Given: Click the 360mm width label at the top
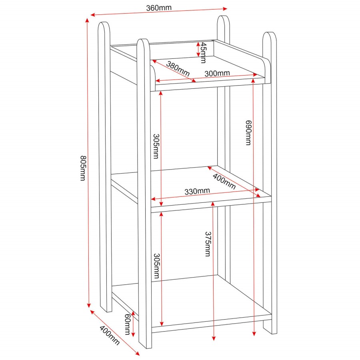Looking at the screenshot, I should click(159, 8).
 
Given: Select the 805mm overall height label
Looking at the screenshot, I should click(82, 168).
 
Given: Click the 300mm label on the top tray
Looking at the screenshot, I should click(217, 73).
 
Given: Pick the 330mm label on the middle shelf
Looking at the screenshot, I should click(197, 191).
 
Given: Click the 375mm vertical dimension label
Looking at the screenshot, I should click(208, 244).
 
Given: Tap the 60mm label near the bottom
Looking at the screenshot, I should click(128, 324).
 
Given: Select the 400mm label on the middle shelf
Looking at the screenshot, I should click(224, 182).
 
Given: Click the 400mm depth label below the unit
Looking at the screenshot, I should click(109, 335).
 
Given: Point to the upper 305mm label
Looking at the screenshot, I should click(156, 146).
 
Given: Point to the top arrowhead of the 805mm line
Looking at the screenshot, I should click(87, 20).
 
